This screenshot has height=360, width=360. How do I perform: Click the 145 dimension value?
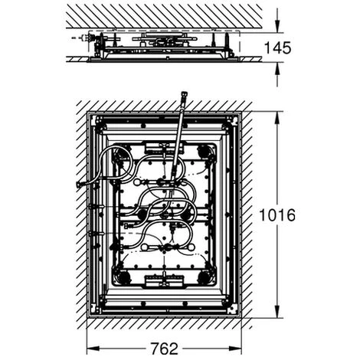[x=277, y=48]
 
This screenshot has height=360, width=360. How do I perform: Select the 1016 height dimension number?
[x=277, y=215]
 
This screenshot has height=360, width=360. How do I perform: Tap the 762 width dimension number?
[x=164, y=349]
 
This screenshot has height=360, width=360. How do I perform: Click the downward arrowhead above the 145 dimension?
[x=277, y=28]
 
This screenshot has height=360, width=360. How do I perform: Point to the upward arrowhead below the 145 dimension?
[x=277, y=67]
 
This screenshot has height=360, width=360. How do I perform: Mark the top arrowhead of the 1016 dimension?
[x=277, y=117]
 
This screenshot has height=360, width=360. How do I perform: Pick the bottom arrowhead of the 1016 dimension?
[x=277, y=312]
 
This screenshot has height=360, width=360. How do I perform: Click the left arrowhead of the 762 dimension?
[x=93, y=349]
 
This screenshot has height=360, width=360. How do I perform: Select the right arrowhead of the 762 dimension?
[x=235, y=349]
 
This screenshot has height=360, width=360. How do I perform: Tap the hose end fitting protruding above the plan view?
[x=184, y=97]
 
